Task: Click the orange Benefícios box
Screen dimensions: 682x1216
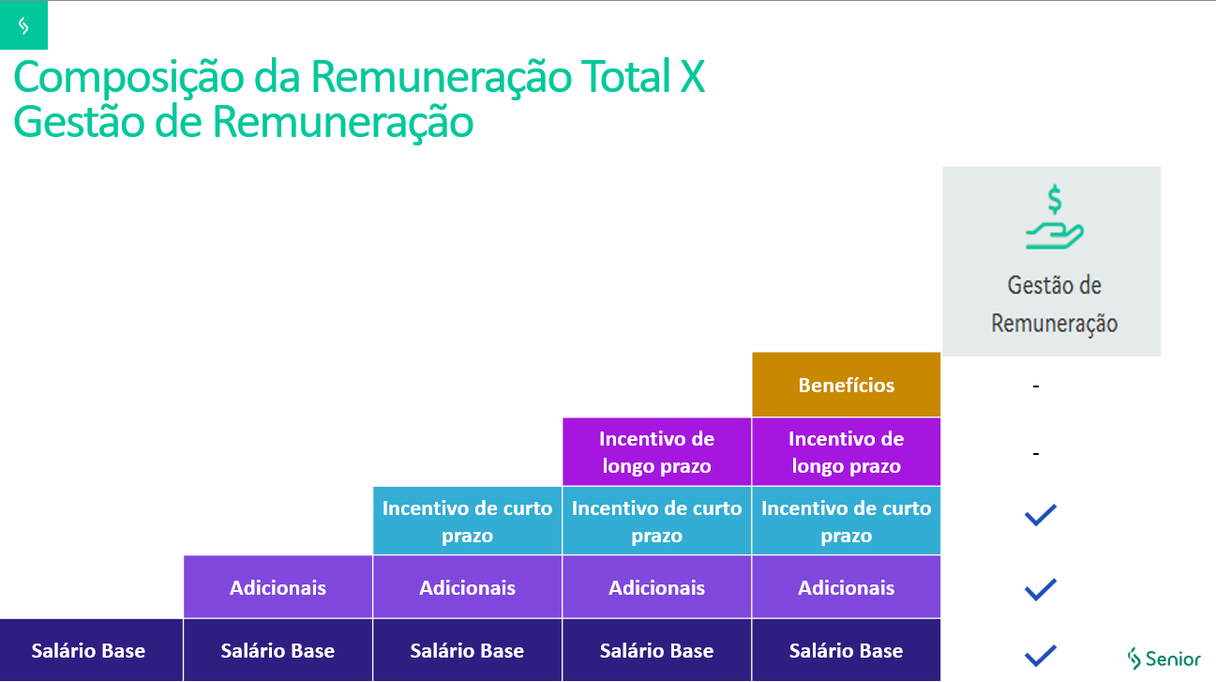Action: coord(846,385)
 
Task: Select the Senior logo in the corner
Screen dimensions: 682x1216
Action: coord(1163,658)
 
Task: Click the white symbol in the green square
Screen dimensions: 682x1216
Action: coord(23,26)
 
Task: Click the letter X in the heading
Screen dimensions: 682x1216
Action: coord(690,77)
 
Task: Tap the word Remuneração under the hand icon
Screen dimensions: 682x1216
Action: coord(1054,324)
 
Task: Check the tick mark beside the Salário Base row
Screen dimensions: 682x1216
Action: coord(1041,654)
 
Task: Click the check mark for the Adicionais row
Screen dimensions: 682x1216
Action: coord(1041,589)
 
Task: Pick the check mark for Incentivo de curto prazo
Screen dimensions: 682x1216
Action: coord(1041,514)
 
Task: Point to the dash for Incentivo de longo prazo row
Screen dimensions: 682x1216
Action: coord(1036,454)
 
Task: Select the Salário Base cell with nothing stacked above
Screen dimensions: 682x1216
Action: coord(89,650)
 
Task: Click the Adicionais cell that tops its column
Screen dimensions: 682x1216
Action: coord(278,587)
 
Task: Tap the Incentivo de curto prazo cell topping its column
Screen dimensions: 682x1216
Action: coord(467,521)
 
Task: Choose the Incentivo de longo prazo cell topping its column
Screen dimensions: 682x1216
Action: coord(656,452)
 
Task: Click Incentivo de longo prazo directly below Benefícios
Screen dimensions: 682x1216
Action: coord(846,452)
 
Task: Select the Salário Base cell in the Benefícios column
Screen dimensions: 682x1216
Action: coord(846,650)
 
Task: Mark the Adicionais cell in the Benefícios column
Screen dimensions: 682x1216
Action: coord(846,587)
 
